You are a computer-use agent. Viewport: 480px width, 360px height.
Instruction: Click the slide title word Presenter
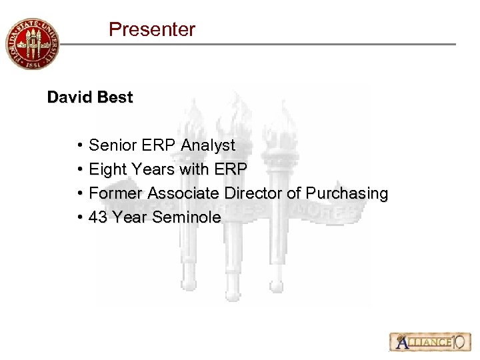tap(152, 29)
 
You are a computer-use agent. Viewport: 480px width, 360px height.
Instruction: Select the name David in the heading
tap(69, 97)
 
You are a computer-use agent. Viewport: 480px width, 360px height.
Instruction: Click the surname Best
tap(115, 97)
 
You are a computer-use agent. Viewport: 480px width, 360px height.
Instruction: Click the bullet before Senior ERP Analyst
tap(79, 145)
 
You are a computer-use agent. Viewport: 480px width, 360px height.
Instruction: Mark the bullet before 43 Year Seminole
tap(79, 217)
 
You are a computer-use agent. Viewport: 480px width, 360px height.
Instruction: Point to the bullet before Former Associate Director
tap(79, 193)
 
